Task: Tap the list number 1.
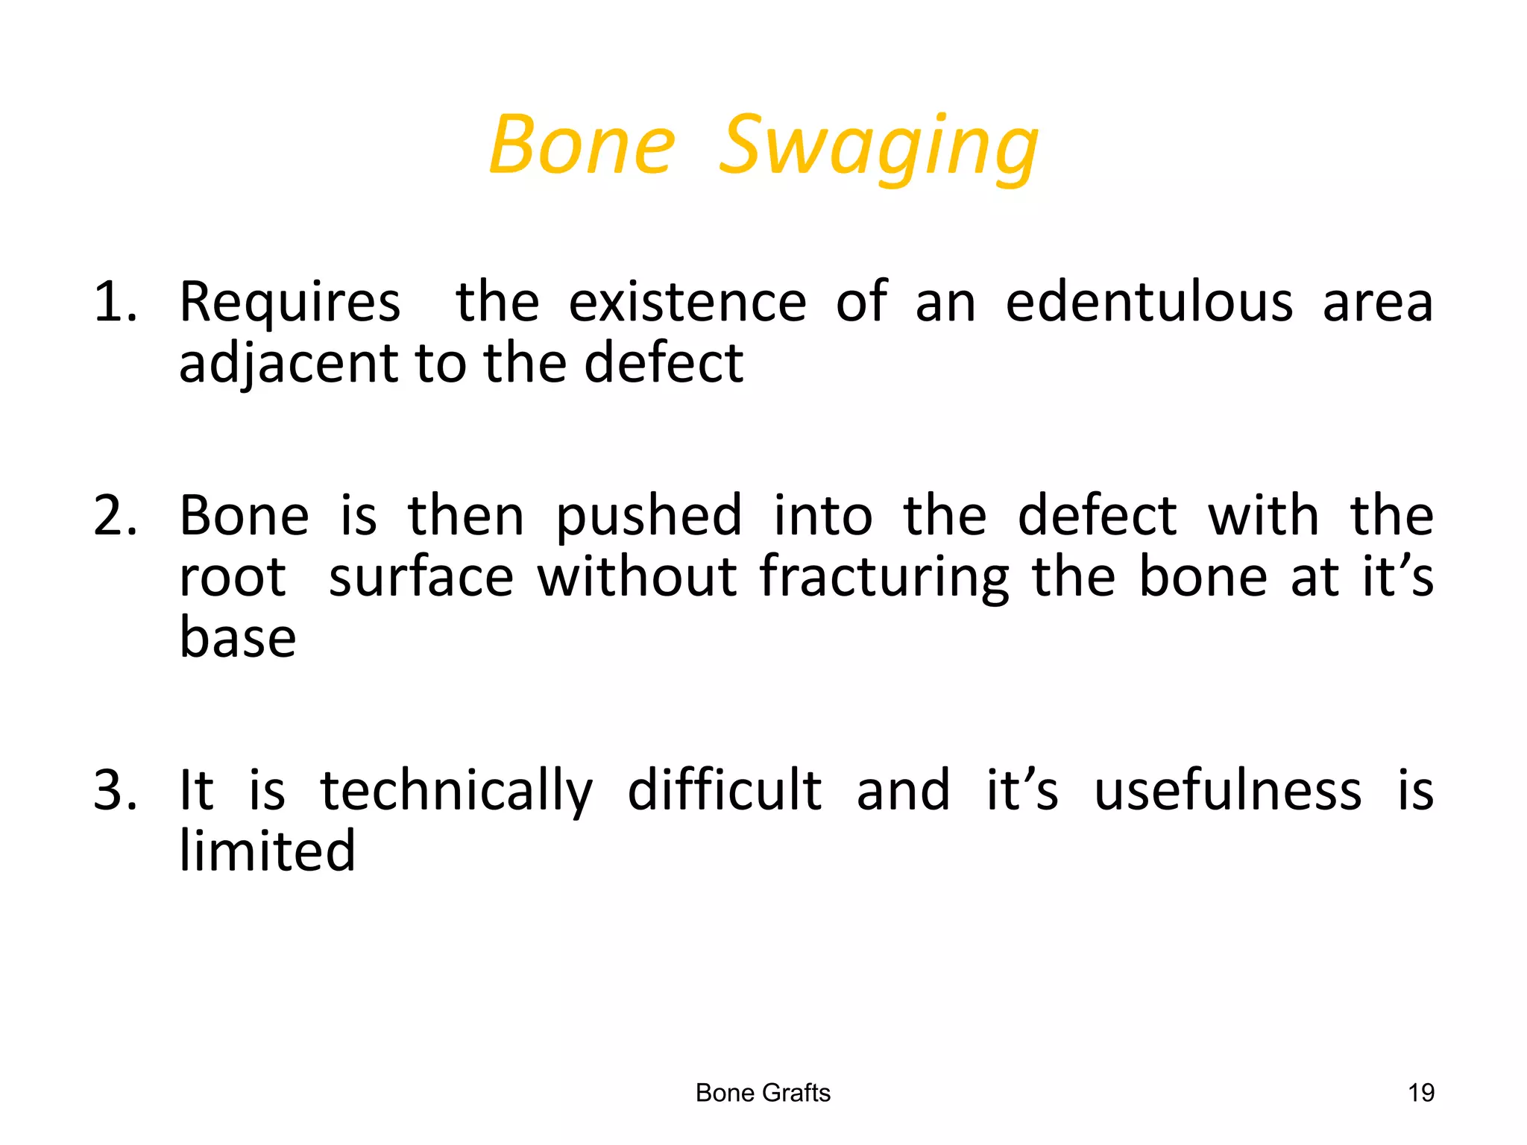115,303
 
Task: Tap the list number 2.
115,516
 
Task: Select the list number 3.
115,790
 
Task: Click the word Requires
290,304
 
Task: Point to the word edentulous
1149,303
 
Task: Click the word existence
687,303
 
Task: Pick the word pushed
649,517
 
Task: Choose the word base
238,638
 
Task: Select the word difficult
724,790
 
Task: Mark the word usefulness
1227,790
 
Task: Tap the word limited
267,851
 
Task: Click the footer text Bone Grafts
763,1093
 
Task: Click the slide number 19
1421,1093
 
